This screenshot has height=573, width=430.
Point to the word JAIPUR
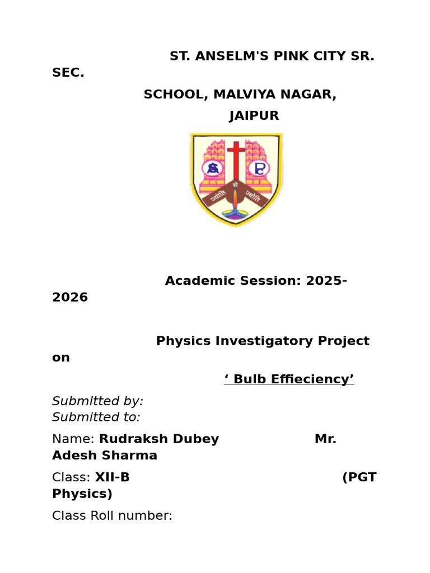coord(254,116)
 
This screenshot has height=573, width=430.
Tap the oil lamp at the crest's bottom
coord(236,210)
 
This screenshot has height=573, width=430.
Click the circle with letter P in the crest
coord(260,167)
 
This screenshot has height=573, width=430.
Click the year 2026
coord(70,298)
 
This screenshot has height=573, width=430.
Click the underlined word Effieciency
coord(306,379)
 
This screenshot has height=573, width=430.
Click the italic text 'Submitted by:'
coord(98,401)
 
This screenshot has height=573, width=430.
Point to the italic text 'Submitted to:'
coord(96,417)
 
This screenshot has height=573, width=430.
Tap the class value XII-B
coord(112,477)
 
